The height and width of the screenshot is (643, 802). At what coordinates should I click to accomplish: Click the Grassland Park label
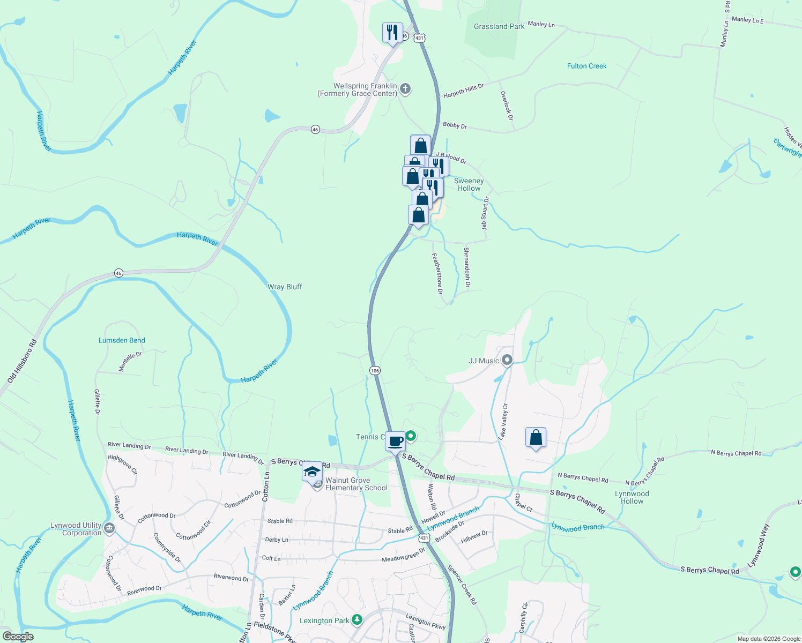(499, 26)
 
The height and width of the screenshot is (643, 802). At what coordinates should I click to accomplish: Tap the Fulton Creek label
(586, 66)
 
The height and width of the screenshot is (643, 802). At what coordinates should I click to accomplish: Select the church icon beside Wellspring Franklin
(405, 89)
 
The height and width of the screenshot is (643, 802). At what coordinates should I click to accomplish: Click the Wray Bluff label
(285, 287)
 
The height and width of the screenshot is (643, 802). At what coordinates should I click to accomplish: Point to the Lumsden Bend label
(122, 340)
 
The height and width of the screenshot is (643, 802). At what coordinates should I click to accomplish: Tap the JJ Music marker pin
(507, 360)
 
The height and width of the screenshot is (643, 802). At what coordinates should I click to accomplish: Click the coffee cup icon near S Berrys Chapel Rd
(396, 442)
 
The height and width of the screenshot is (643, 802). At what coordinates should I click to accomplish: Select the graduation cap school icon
(312, 472)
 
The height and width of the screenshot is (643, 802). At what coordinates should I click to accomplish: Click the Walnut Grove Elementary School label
(356, 484)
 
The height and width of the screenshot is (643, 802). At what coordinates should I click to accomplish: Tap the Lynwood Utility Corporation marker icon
(109, 529)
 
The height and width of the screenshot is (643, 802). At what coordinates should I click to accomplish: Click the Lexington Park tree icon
(357, 620)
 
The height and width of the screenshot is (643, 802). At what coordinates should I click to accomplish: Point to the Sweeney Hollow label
(469, 184)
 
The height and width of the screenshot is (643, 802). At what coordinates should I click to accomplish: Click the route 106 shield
(375, 370)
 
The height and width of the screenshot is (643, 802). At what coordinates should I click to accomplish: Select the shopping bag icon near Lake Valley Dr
(536, 438)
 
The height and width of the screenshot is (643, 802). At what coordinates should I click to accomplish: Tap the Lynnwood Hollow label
(632, 497)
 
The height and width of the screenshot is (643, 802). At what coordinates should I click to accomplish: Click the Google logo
(18, 637)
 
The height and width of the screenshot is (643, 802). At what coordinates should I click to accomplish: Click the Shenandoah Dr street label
(466, 267)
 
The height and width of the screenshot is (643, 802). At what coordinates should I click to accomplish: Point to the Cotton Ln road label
(265, 487)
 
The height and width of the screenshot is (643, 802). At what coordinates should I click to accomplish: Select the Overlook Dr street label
(507, 105)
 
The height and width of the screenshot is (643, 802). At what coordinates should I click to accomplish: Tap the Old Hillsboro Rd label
(22, 362)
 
